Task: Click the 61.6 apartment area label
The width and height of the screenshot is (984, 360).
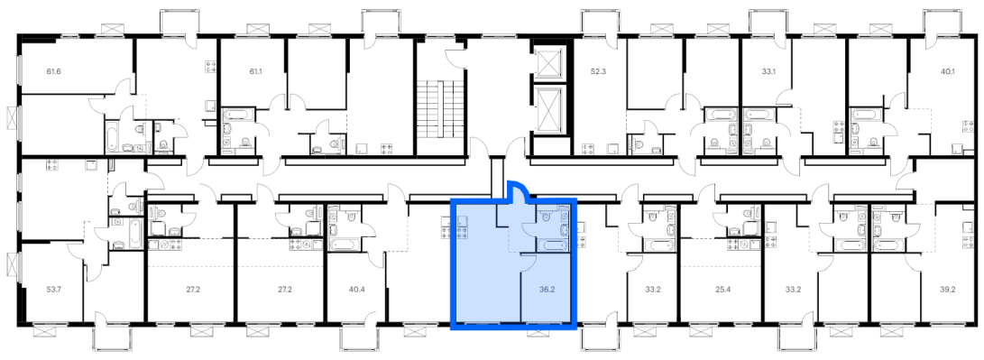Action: click(x=53, y=71)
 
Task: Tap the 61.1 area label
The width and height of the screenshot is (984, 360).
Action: click(x=255, y=71)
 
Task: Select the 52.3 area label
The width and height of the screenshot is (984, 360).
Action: click(x=599, y=71)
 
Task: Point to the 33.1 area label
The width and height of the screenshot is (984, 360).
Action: click(x=768, y=71)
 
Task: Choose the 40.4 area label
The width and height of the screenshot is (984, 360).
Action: click(x=356, y=291)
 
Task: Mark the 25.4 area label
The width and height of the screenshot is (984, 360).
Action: click(x=723, y=291)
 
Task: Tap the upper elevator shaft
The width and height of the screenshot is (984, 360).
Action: click(x=549, y=62)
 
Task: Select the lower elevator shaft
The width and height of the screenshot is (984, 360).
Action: click(x=549, y=109)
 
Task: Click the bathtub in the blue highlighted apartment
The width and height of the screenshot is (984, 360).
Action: click(x=553, y=245)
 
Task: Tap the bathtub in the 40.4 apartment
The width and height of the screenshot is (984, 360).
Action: click(x=343, y=244)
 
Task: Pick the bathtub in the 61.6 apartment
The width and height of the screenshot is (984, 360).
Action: click(x=111, y=137)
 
